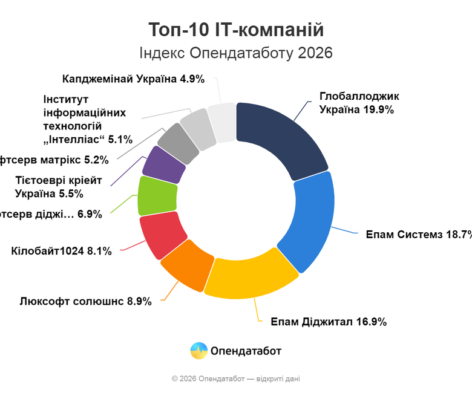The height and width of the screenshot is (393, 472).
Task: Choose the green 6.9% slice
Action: click(157, 195)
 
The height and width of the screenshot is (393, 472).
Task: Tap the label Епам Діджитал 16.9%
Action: click(329, 322)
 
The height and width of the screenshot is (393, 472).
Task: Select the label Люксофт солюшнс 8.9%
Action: click(85, 301)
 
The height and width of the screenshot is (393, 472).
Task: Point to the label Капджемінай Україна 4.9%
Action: click(134, 79)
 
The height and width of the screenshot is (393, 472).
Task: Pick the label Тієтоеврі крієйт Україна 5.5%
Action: click(58, 187)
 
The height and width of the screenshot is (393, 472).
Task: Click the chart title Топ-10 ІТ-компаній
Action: click(236, 30)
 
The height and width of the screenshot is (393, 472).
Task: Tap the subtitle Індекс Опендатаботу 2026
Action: click(236, 53)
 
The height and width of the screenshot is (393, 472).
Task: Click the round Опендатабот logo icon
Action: click(198, 351)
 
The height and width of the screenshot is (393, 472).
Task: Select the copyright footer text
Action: click(235, 378)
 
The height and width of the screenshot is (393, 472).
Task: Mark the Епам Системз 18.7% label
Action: click(418, 235)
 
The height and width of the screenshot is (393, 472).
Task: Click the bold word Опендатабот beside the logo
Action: click(246, 351)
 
